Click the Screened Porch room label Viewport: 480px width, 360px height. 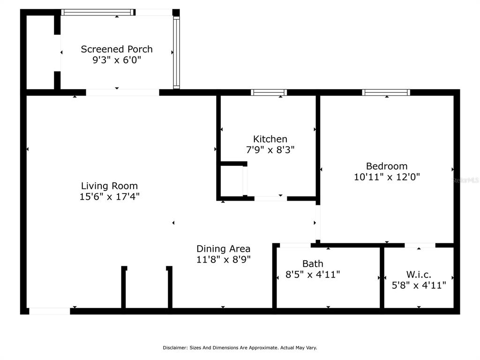click(x=117, y=49)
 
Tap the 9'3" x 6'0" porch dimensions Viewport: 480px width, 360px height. click(x=117, y=60)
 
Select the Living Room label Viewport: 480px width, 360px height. click(x=109, y=186)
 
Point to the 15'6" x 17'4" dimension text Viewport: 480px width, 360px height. click(x=109, y=196)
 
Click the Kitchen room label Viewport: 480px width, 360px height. click(x=270, y=139)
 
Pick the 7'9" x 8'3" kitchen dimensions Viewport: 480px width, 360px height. click(x=270, y=150)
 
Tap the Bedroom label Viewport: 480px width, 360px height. click(x=387, y=166)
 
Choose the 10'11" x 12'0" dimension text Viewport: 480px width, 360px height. click(x=387, y=177)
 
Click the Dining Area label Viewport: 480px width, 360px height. click(x=223, y=248)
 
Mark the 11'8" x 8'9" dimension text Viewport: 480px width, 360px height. click(x=223, y=259)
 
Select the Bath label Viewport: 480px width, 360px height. click(x=313, y=263)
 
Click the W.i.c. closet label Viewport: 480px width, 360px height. click(x=419, y=274)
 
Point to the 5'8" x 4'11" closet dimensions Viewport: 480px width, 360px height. click(x=419, y=285)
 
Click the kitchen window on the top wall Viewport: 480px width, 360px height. click(x=269, y=92)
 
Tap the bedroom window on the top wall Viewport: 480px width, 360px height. click(x=386, y=92)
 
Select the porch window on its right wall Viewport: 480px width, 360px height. click(x=176, y=52)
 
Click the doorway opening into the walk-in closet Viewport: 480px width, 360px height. click(x=420, y=245)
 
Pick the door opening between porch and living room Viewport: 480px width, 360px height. click(x=122, y=92)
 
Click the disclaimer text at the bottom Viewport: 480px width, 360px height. click(x=240, y=348)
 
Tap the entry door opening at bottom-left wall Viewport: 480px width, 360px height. click(x=49, y=311)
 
